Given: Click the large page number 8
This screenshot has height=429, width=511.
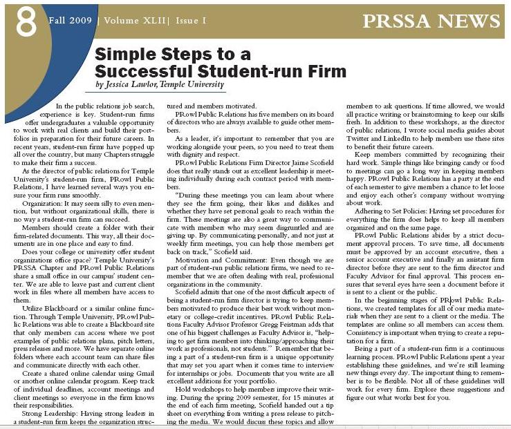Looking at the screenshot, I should click(26, 23).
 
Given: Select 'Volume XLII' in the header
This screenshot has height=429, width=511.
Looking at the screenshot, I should click(131, 20).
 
